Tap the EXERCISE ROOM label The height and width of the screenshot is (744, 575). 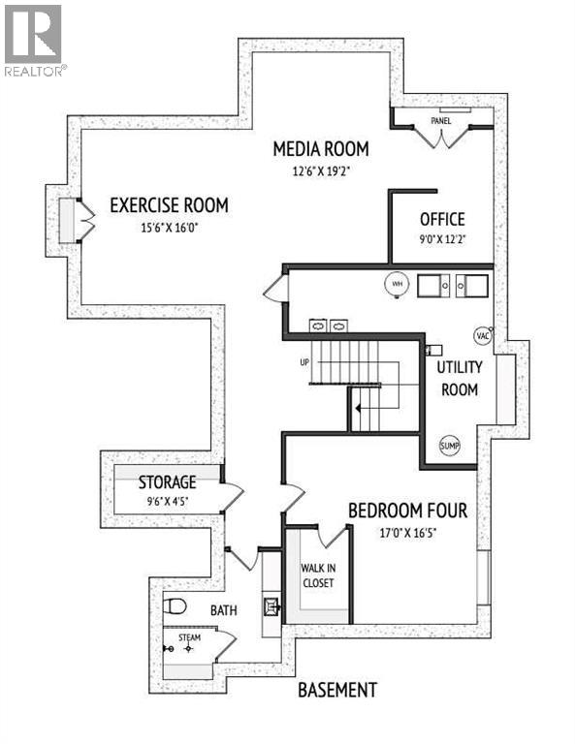point(169,204)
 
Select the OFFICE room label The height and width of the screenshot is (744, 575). point(442,219)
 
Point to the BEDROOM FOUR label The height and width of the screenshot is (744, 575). point(407,511)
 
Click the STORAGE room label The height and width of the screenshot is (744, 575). point(167,481)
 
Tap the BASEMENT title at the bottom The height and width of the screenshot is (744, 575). point(336,690)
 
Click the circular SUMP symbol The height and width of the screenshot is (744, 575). point(450,446)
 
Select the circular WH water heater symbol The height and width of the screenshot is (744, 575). point(396,283)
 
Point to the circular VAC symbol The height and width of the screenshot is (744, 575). point(483,335)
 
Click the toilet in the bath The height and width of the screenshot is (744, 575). point(175,607)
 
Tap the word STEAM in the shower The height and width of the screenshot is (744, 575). point(189,638)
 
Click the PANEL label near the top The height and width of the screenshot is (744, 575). point(442,120)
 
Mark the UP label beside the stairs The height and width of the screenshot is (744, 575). point(304,362)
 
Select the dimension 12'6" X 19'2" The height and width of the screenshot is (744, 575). point(320,172)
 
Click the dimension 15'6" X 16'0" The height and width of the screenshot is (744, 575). point(169,228)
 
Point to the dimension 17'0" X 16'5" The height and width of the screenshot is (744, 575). point(407,533)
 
